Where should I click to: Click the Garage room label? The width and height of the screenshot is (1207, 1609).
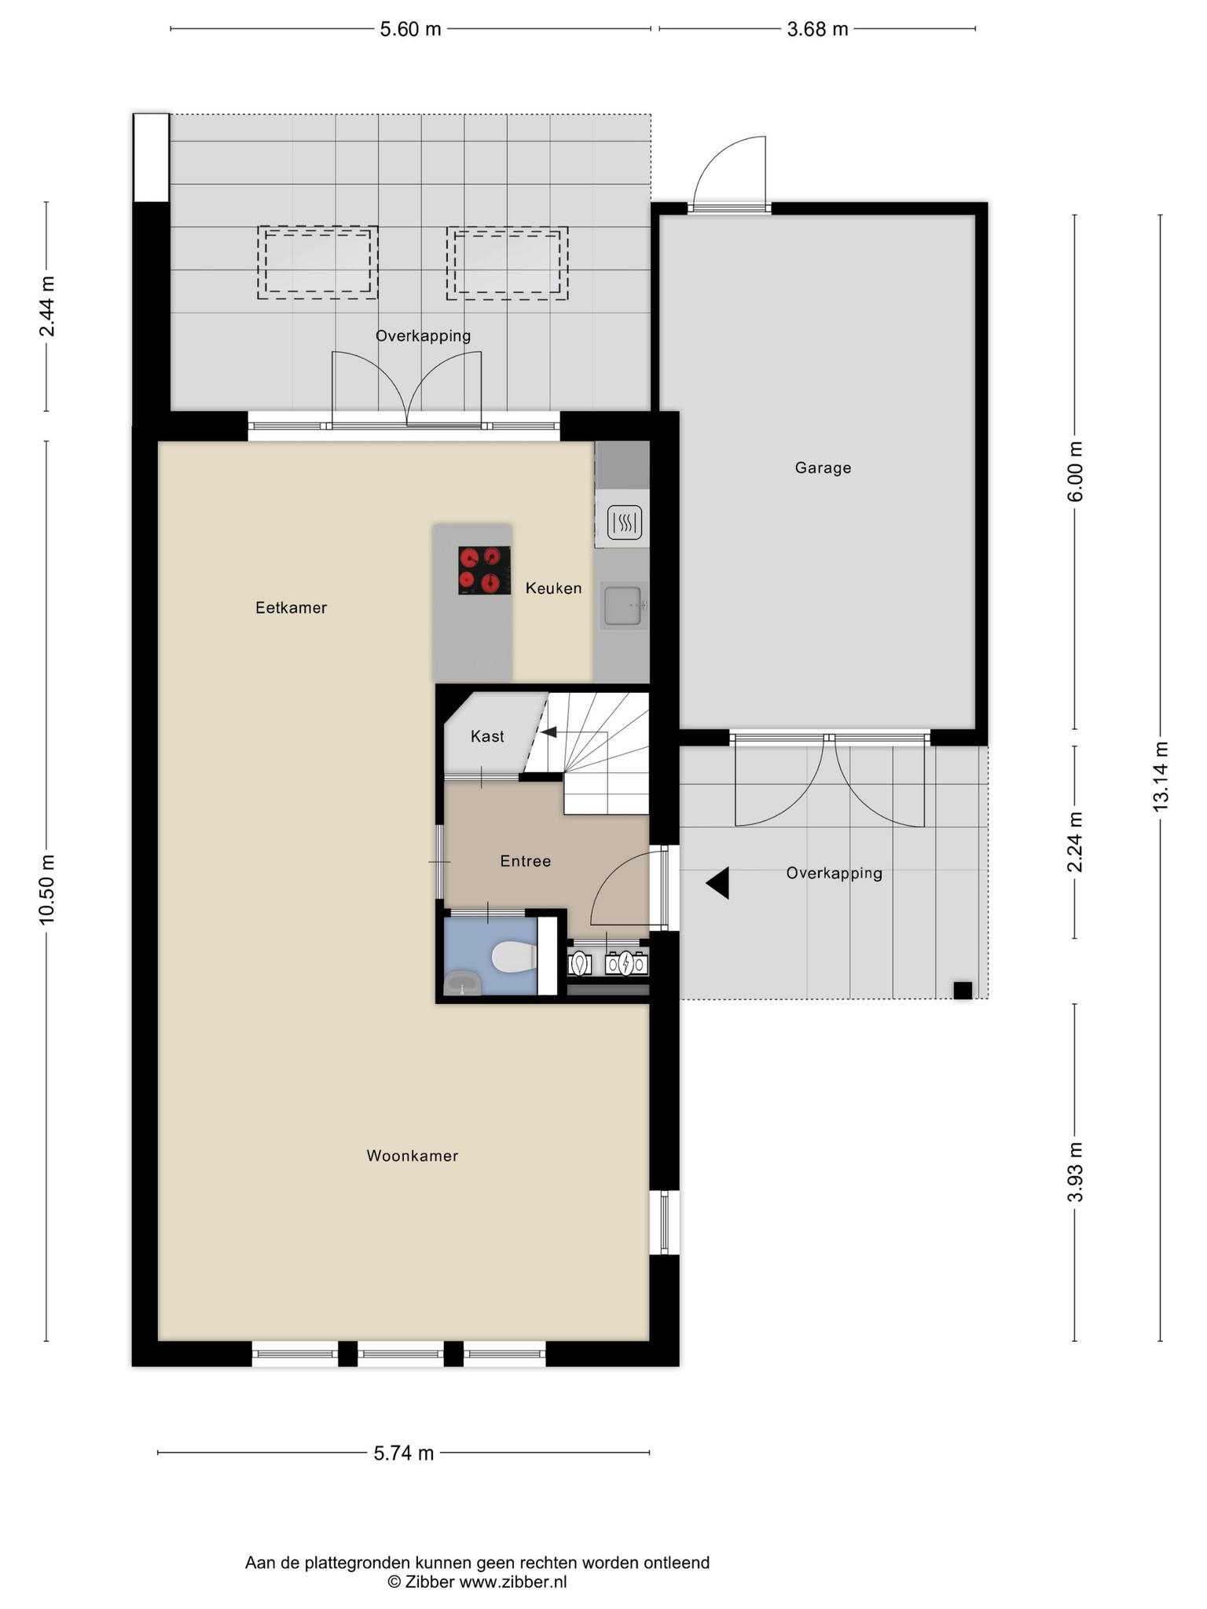(x=823, y=468)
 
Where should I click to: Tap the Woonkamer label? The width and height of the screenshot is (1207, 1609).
(x=412, y=1156)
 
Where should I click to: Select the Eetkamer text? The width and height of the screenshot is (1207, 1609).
(x=291, y=607)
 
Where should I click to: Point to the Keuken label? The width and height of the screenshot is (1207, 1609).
(x=554, y=588)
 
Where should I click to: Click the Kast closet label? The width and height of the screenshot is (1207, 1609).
(x=487, y=736)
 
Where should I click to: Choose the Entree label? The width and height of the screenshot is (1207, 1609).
(x=526, y=861)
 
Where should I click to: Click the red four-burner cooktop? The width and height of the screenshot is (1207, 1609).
(x=485, y=570)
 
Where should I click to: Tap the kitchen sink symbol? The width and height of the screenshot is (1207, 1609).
(x=625, y=605)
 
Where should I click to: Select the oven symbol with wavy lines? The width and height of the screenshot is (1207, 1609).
(x=625, y=522)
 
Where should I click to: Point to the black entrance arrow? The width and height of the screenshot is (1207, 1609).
(x=717, y=883)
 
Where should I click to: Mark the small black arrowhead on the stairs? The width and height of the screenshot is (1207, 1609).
(x=548, y=732)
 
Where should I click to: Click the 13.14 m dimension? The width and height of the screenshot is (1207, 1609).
(x=1161, y=776)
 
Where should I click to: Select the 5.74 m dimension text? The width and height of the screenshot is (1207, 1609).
(x=404, y=1453)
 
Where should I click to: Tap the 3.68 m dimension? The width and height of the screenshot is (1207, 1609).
(x=817, y=30)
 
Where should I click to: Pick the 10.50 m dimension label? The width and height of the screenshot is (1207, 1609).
(x=47, y=889)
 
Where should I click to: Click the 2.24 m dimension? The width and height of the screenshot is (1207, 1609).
(x=1075, y=842)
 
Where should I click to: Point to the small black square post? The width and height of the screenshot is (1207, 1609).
(x=963, y=990)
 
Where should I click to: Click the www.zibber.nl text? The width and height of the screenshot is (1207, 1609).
(x=512, y=1582)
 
